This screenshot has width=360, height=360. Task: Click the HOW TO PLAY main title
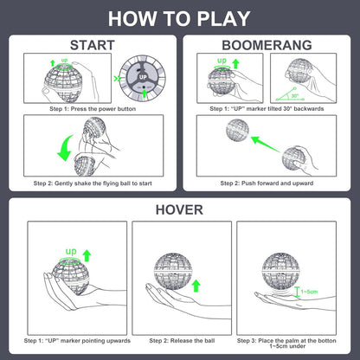[179, 19]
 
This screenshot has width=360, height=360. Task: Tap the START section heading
[93, 45]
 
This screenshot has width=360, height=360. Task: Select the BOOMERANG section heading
[267, 45]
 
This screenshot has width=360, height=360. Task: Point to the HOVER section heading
[179, 209]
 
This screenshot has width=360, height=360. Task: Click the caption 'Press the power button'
[103, 109]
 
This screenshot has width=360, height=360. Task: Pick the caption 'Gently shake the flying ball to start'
[103, 183]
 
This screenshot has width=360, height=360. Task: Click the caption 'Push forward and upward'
[277, 183]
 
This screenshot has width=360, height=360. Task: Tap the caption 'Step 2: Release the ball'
[182, 341]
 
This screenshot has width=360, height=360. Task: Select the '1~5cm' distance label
[309, 292]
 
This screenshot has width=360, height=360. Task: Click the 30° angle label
[294, 95]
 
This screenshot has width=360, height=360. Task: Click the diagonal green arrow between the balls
[266, 145]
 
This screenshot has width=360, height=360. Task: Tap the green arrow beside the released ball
[196, 286]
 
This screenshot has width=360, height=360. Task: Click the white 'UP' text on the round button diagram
[143, 77]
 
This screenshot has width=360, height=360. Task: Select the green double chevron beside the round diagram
[117, 79]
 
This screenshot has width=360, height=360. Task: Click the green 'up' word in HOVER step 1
[71, 252]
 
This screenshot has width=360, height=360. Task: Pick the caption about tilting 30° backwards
[267, 109]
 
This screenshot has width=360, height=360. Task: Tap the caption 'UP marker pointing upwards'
[77, 341]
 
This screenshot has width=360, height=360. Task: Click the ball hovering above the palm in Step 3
[280, 271]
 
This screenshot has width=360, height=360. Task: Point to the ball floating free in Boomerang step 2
[237, 130]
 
